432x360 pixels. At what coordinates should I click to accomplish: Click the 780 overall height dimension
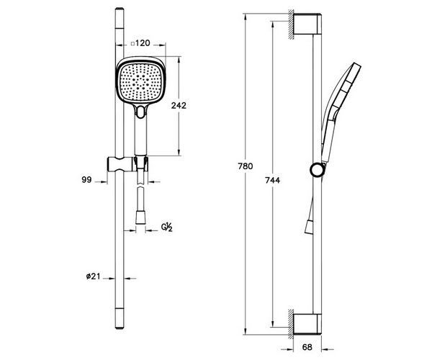[x=246, y=166]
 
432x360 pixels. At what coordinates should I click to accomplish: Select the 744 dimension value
[x=272, y=181]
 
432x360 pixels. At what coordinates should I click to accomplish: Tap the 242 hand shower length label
[x=179, y=106]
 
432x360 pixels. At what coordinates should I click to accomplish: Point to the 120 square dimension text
[x=143, y=43]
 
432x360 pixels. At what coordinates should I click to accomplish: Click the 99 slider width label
[x=86, y=180]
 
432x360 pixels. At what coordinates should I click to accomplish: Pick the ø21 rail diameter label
[x=93, y=276]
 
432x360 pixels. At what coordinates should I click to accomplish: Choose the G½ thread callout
[x=167, y=228]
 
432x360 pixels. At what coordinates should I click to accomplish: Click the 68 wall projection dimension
[x=307, y=347]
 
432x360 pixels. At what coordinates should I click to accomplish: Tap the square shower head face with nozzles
[x=140, y=82]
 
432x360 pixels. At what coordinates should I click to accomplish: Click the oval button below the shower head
[x=141, y=112]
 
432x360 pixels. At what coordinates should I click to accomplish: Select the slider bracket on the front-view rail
[x=127, y=164]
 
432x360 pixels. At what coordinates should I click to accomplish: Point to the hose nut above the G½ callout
[x=140, y=217]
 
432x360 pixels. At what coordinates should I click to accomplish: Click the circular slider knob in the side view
[x=318, y=169]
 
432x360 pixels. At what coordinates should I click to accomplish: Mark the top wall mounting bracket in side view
[x=307, y=24]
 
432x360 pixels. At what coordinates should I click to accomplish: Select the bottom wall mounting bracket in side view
[x=307, y=324]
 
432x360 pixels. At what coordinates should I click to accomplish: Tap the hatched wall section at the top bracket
[x=290, y=24]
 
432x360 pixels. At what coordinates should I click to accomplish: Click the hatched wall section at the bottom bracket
[x=290, y=324]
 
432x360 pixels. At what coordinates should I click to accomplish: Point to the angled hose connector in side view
[x=309, y=227]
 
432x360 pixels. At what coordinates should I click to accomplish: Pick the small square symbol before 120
[x=132, y=43]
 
